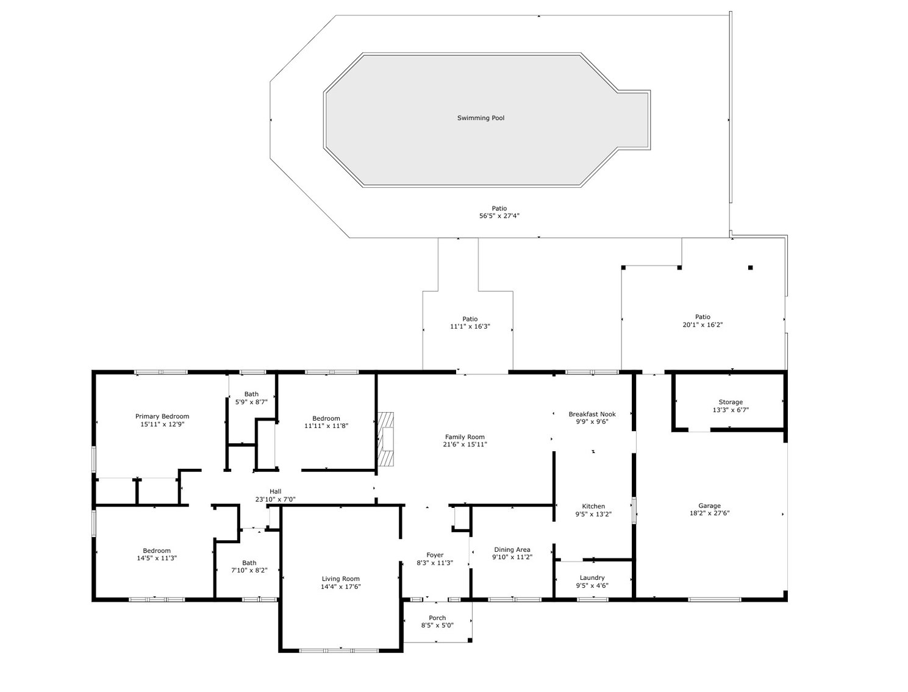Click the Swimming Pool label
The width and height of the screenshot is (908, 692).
pos(481,118)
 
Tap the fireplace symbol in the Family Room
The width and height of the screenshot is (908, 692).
pos(385,440)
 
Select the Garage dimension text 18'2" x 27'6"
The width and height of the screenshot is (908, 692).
pos(709,513)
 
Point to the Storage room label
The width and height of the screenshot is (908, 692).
pos(730,402)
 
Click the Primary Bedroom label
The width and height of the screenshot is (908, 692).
pos(162,416)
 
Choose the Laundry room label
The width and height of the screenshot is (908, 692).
pos(592,577)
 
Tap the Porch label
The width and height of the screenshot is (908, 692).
pos(437,618)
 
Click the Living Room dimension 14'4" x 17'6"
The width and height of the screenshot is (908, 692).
pos(341,587)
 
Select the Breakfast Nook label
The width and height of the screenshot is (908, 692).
pos(592,414)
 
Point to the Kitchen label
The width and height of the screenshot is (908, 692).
pos(593,506)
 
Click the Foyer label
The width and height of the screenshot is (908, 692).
pos(435,555)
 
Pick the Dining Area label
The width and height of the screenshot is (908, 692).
pos(512,549)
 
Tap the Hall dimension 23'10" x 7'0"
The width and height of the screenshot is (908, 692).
pos(276,499)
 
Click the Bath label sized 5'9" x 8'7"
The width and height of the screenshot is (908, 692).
pos(251,394)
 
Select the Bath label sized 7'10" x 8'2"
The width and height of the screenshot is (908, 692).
pos(249,563)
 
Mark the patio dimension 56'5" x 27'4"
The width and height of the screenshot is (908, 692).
pos(499,216)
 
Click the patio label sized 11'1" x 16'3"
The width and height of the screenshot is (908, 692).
pos(470,319)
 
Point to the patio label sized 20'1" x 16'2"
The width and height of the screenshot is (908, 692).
pos(702,316)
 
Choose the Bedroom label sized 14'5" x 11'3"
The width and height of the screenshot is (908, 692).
pos(157,551)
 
